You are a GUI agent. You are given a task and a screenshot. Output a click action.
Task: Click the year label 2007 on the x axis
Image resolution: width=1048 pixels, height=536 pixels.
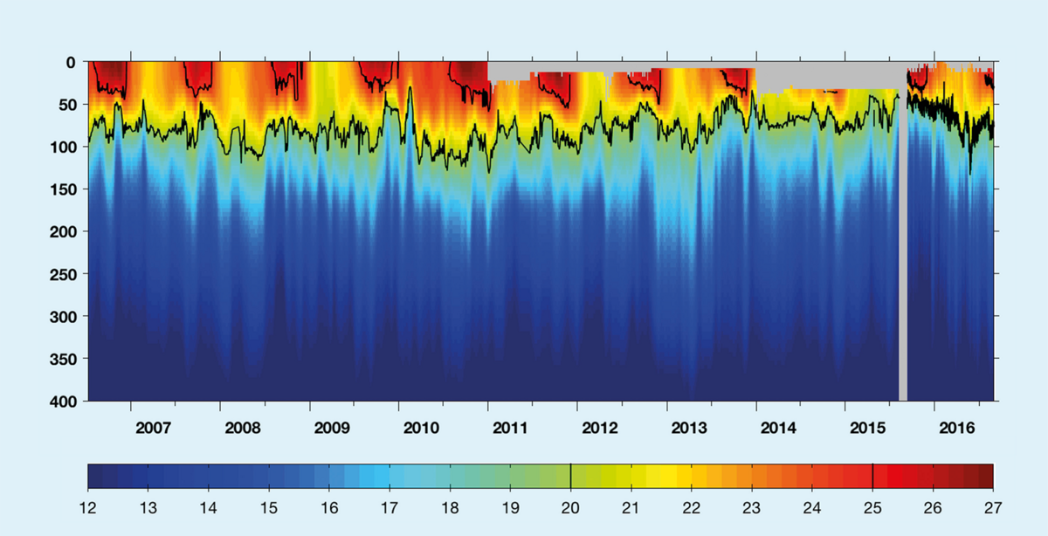153,429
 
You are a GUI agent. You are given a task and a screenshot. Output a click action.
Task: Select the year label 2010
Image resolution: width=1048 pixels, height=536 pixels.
421,429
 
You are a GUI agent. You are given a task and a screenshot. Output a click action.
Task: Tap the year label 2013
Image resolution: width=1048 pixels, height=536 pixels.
689,429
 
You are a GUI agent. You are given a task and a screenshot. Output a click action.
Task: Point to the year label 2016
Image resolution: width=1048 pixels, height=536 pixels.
957,429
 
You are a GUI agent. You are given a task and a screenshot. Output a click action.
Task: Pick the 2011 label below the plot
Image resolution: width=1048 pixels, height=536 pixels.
510,429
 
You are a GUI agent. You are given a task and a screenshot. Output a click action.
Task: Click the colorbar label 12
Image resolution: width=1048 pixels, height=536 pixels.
87,507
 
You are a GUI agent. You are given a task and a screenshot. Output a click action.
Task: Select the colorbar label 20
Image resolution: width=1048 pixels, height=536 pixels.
570,507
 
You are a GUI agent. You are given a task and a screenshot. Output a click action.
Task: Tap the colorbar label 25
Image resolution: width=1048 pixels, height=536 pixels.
872,507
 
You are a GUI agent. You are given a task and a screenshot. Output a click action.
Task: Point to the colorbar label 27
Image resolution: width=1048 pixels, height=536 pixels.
993,507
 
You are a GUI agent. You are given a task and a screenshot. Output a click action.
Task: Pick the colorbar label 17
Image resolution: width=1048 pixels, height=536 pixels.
390,507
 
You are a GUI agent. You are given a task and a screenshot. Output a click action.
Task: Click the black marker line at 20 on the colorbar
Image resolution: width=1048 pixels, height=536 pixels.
570,476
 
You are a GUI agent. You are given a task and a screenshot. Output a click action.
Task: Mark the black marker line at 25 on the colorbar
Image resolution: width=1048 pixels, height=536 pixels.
872,476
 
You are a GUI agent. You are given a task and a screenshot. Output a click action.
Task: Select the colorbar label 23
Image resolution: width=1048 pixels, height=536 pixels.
752,507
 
